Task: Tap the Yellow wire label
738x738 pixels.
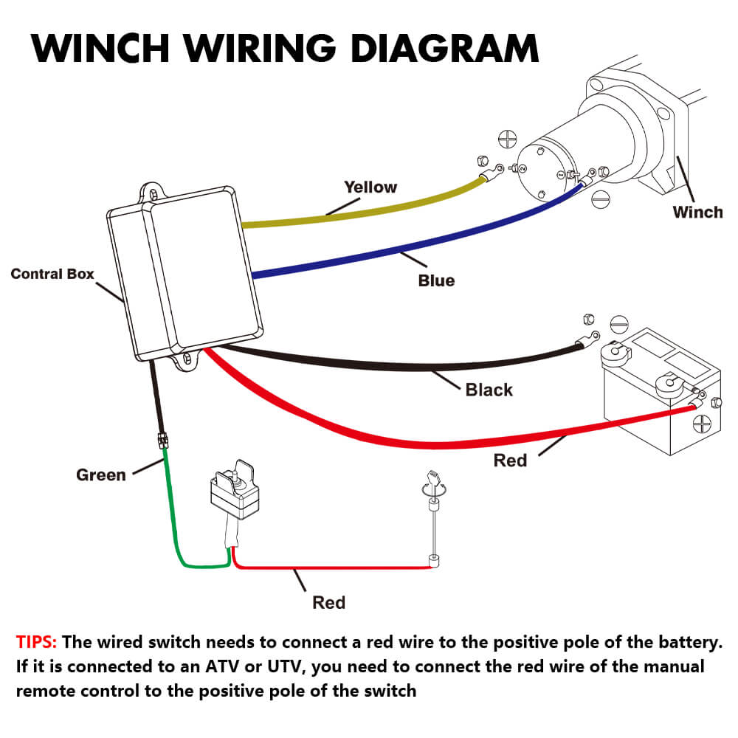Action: tap(370, 187)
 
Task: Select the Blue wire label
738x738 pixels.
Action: tap(436, 280)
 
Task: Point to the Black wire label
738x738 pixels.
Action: tap(489, 389)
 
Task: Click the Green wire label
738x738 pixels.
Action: tap(101, 475)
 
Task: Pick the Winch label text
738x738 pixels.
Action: tap(697, 213)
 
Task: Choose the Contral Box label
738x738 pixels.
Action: tap(52, 274)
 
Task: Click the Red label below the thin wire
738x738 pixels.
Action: tap(328, 602)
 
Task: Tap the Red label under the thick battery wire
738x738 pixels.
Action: tap(510, 461)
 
